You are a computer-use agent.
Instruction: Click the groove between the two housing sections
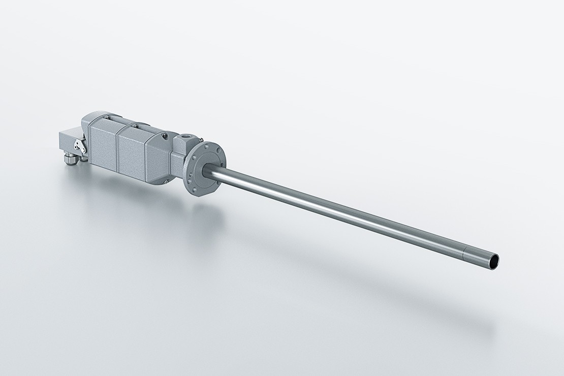[117, 149]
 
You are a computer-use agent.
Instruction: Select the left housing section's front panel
[103, 145]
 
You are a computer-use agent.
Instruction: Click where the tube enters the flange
[209, 173]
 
